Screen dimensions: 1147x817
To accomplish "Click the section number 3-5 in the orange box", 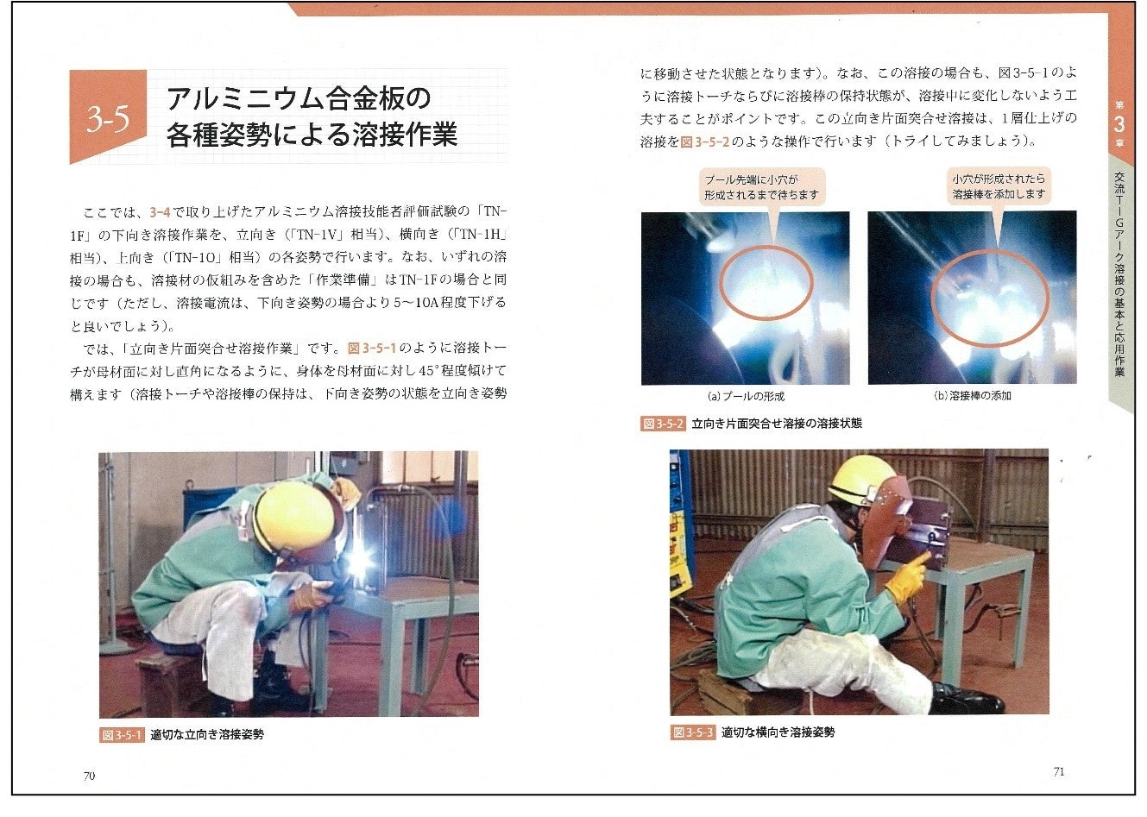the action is [x=108, y=119].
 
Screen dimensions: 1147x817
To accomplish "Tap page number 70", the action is [x=89, y=776].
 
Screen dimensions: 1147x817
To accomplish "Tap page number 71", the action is [x=1060, y=771].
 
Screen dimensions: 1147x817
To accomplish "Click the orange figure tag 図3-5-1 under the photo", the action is [x=122, y=735].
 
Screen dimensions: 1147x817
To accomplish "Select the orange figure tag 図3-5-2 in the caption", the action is [x=663, y=424].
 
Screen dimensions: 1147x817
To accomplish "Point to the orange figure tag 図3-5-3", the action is [x=693, y=732].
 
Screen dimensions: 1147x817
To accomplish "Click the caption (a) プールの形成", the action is [x=746, y=396].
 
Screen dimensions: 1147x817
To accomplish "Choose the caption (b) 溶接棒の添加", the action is [x=973, y=396].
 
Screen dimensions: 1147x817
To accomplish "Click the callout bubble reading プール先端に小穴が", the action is [x=762, y=187].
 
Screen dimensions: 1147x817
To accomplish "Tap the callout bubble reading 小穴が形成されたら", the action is [x=999, y=186].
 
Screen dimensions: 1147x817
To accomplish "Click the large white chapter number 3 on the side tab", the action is [x=1119, y=125].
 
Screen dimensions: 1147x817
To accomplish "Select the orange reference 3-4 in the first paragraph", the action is [x=160, y=212].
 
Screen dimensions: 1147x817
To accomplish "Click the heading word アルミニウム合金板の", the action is [x=299, y=98].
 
